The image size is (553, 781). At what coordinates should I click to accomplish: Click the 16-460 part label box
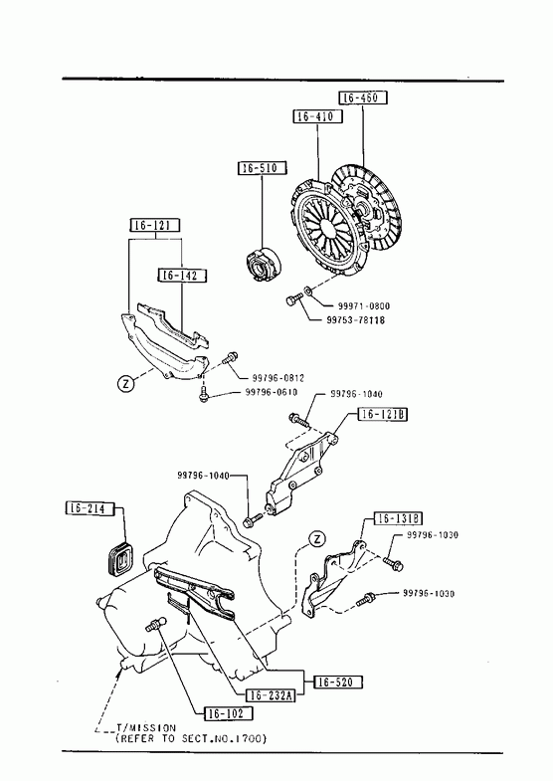click(x=363, y=98)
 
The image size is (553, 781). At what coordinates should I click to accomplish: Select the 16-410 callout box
click(x=317, y=116)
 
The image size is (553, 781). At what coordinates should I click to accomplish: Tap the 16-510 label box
click(x=263, y=168)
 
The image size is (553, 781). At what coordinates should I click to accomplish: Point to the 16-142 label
click(x=182, y=275)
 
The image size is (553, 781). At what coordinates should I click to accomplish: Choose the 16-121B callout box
click(x=382, y=415)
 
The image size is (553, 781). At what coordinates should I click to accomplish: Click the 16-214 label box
click(x=90, y=508)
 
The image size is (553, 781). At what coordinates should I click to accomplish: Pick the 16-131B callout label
click(x=398, y=519)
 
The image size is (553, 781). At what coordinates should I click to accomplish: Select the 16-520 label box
click(x=338, y=682)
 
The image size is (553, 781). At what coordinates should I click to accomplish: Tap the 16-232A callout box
click(x=271, y=695)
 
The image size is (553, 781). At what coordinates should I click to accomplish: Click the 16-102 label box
click(x=229, y=713)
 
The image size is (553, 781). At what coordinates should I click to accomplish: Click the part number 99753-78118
click(x=355, y=320)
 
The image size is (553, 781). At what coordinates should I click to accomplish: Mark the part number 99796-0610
click(x=272, y=393)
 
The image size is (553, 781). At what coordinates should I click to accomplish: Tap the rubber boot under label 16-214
click(x=120, y=557)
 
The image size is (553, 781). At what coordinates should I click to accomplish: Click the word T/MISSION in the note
click(x=146, y=728)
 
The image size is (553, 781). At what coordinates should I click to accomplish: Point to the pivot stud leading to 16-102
click(x=156, y=624)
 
